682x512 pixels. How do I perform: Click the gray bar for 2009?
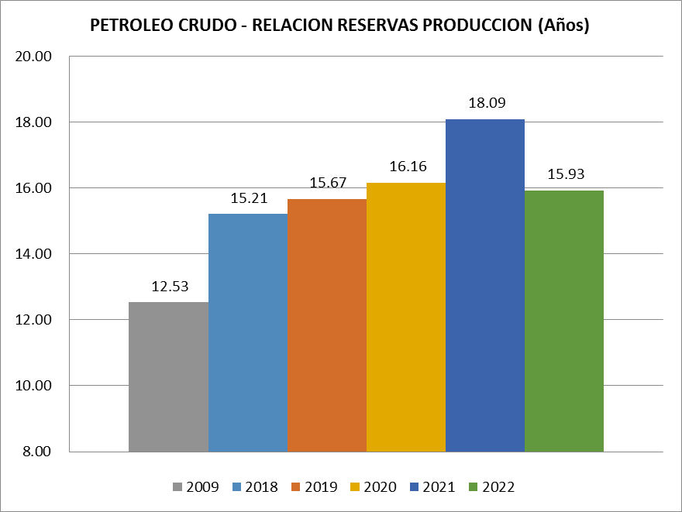[168, 376]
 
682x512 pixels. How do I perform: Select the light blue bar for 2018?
[248, 332]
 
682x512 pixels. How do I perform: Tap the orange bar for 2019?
[327, 325]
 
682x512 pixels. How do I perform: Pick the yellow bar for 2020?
[406, 317]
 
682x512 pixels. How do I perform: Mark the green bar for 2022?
[564, 321]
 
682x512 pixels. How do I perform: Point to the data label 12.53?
[170, 286]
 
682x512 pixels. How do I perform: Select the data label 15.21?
[249, 198]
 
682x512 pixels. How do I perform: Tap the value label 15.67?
[328, 183]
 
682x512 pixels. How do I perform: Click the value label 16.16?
[408, 167]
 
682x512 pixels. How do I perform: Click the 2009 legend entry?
[196, 487]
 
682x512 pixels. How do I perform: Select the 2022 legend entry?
[491, 487]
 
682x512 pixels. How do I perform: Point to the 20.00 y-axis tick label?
[33, 57]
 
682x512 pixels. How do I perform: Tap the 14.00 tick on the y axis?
[33, 255]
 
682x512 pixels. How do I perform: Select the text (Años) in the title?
[563, 26]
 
